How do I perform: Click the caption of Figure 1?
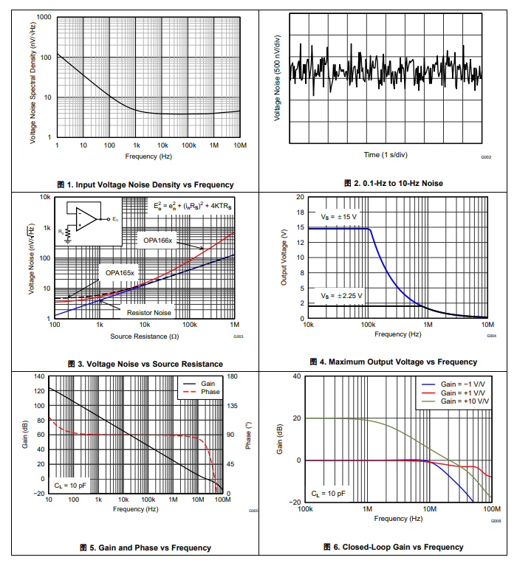click(x=145, y=184)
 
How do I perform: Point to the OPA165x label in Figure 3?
click(x=120, y=272)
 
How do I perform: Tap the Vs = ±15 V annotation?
click(x=338, y=217)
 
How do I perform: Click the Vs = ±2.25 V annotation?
click(x=340, y=295)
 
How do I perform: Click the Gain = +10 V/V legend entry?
click(x=465, y=401)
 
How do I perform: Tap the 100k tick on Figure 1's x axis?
click(x=188, y=146)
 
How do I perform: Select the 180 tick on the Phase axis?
click(x=234, y=376)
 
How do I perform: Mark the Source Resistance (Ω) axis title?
click(x=144, y=336)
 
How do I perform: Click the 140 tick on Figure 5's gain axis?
click(x=38, y=376)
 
